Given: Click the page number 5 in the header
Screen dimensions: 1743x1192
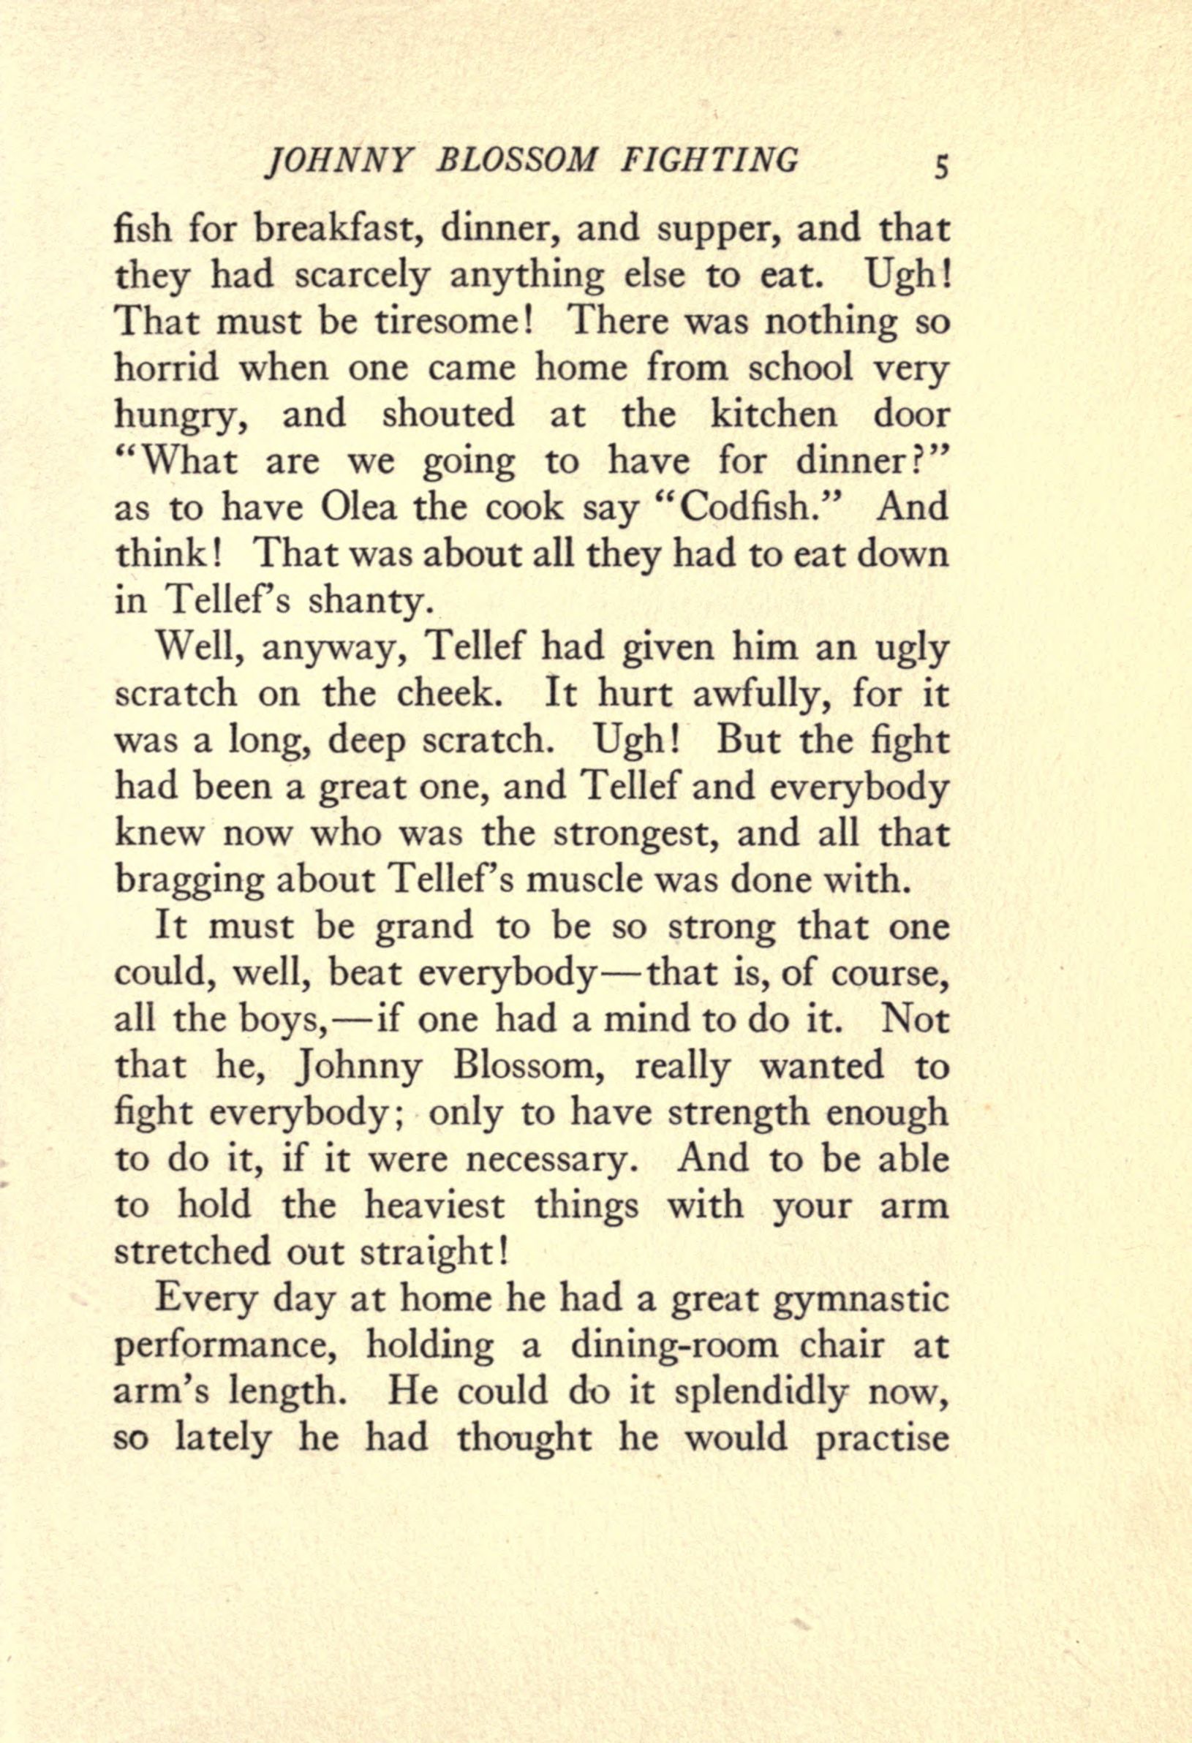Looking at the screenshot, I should pyautogui.click(x=940, y=166).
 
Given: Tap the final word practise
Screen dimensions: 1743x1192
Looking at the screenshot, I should pyautogui.click(x=881, y=1439).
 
